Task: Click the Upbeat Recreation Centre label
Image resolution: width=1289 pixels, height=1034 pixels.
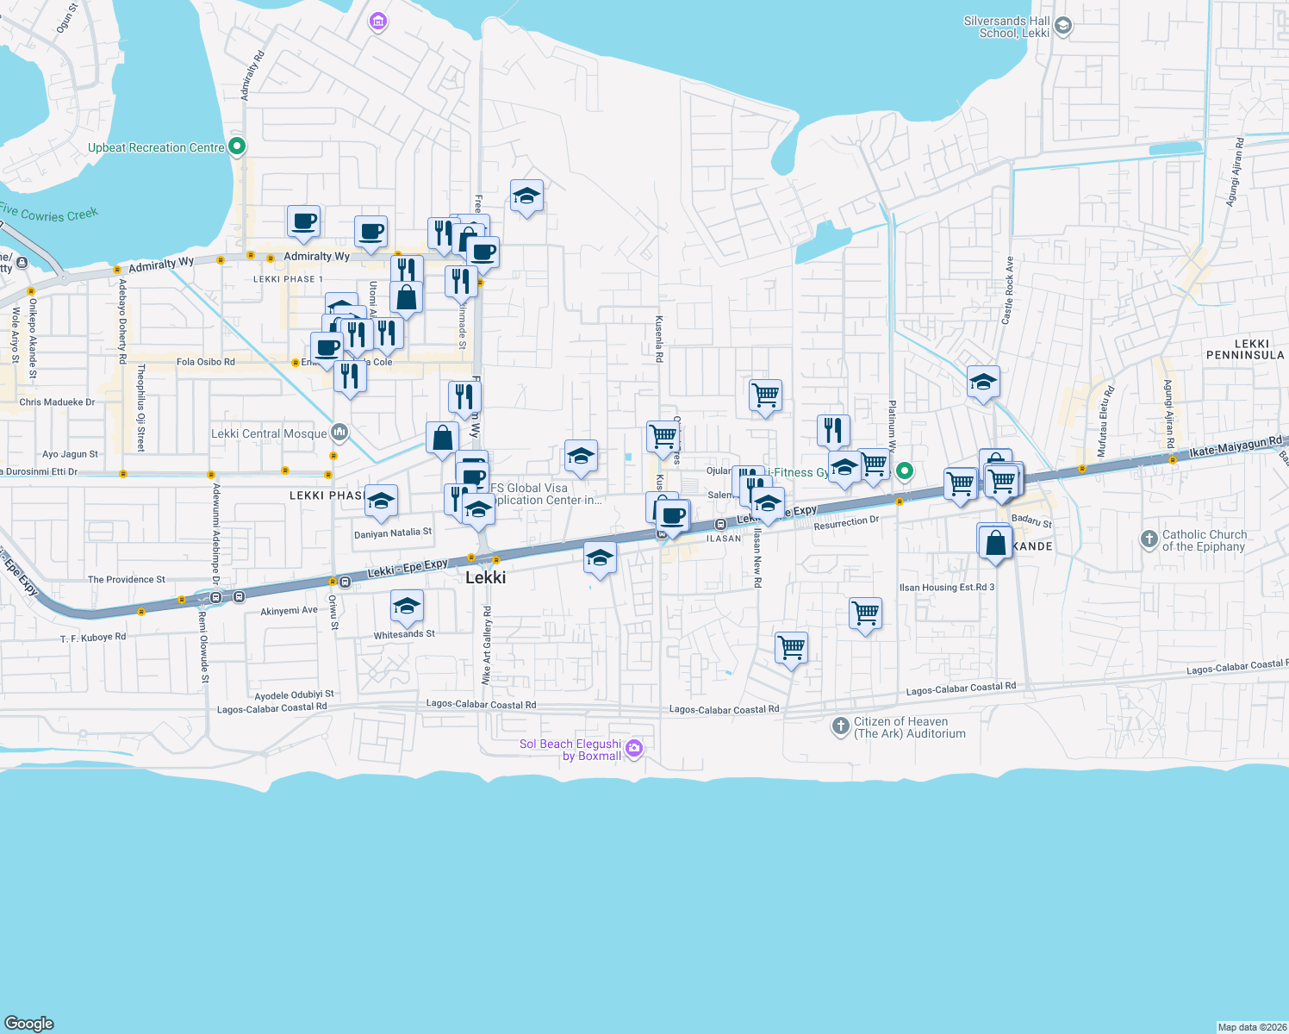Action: coord(156,148)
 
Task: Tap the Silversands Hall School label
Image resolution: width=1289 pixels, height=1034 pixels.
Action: coord(1006,28)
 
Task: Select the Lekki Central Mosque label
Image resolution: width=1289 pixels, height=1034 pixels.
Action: coord(269,434)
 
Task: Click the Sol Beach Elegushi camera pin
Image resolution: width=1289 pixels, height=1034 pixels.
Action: coord(635,747)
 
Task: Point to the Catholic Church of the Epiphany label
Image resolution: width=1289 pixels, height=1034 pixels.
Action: coord(1204,541)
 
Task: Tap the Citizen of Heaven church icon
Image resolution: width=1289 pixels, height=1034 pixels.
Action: coord(840,726)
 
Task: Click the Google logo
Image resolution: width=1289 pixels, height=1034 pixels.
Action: coord(29,1024)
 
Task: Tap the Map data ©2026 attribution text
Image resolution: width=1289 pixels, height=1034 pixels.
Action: coord(1252,1027)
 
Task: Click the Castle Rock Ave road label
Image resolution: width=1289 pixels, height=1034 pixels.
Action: coord(1007,290)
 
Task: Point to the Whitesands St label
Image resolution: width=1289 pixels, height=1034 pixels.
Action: coord(404,634)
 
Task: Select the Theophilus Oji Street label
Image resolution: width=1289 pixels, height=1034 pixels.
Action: coord(141,408)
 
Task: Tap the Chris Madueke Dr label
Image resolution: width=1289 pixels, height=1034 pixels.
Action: coord(57,402)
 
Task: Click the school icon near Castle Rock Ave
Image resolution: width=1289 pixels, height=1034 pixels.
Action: coord(983,382)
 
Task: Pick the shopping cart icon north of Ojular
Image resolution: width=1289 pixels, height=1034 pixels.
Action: coord(765,396)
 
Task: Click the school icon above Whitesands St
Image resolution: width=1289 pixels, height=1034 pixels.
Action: coord(407,606)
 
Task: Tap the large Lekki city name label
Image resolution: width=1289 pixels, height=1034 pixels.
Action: coord(485,577)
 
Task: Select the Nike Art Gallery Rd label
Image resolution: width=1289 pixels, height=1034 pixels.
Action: coord(487,645)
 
